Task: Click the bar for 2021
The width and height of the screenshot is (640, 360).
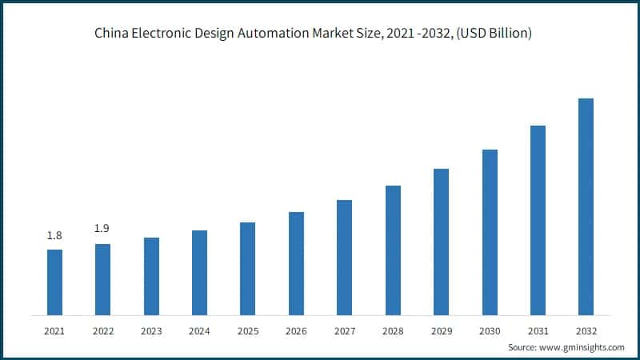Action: coord(54,282)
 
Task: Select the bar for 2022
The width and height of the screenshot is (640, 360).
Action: coord(102,279)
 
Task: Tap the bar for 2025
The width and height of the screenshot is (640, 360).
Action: coord(248,268)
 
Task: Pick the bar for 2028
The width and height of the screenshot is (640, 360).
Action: coord(393,250)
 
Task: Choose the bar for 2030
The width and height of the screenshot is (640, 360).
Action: coord(490,232)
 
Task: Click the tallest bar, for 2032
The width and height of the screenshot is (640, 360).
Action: coord(586,206)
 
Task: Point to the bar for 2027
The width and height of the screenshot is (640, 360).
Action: coord(345,257)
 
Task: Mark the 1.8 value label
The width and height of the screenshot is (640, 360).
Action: coord(54,235)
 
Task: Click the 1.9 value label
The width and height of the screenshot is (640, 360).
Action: coord(102,229)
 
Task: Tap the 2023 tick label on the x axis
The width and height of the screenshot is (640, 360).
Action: coord(151,330)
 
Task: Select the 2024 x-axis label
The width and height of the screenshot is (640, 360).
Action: coord(199,330)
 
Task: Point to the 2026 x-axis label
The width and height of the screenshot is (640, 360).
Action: coord(296,330)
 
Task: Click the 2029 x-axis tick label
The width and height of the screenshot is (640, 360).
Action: coord(441,330)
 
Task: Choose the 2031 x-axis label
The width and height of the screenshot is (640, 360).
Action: coord(538,330)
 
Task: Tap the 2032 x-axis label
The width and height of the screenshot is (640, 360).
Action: coord(586,330)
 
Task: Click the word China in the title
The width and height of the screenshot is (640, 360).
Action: coord(111,34)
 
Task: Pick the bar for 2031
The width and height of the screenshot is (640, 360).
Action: coord(538,220)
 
